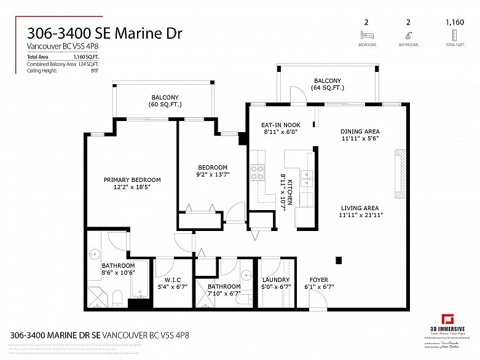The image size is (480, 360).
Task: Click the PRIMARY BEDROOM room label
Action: pos(132,180)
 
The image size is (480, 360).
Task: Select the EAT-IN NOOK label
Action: pos(280,124)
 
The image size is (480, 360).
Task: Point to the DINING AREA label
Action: pos(360,131)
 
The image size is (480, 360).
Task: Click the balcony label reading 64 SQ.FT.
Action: pos(328,81)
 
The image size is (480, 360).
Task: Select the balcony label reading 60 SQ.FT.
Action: pos(165,97)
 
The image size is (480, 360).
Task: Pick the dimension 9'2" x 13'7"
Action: pos(213,175)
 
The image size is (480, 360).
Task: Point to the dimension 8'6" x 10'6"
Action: pos(118,273)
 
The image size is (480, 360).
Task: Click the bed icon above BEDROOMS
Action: pos(367,36)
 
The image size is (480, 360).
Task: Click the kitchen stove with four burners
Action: pos(257,171)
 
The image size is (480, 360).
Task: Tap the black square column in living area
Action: pos(338,259)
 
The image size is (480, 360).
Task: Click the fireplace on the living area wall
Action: pos(400,173)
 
